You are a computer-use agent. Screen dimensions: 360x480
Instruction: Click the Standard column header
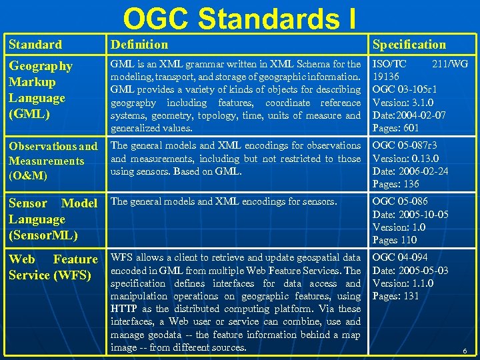click(x=35, y=45)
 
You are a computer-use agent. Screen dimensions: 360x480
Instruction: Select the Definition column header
click(x=139, y=45)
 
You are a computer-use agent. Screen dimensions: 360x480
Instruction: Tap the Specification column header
click(x=409, y=45)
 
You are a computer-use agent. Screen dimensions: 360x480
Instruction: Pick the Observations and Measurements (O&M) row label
click(x=53, y=161)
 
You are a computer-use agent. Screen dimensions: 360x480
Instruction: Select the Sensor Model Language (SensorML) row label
click(x=53, y=219)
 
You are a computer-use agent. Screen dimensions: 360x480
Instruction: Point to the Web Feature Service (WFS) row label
click(x=53, y=267)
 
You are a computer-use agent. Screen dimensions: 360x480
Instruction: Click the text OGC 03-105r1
click(x=405, y=90)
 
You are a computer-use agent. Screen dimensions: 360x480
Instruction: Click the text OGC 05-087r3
click(x=405, y=146)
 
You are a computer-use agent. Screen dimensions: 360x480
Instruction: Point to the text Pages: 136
click(x=395, y=184)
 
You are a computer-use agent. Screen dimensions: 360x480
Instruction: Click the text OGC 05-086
click(x=400, y=201)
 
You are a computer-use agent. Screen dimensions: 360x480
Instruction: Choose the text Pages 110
click(x=394, y=240)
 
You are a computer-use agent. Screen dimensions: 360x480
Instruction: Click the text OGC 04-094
click(x=400, y=257)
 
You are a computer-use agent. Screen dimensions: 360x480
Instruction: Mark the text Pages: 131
click(x=395, y=296)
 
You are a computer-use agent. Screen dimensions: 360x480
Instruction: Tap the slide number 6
click(x=465, y=349)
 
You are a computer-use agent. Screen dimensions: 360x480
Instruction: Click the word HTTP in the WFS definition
click(x=124, y=309)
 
